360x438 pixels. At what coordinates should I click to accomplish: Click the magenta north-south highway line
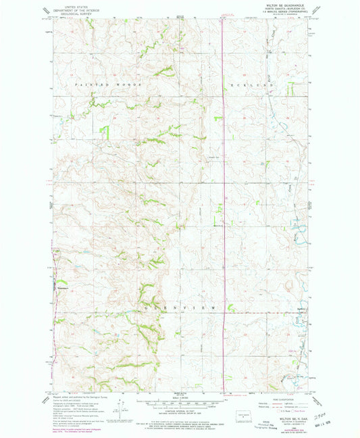[x=224, y=203]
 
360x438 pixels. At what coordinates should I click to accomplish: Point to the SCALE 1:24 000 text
[x=180, y=396]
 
